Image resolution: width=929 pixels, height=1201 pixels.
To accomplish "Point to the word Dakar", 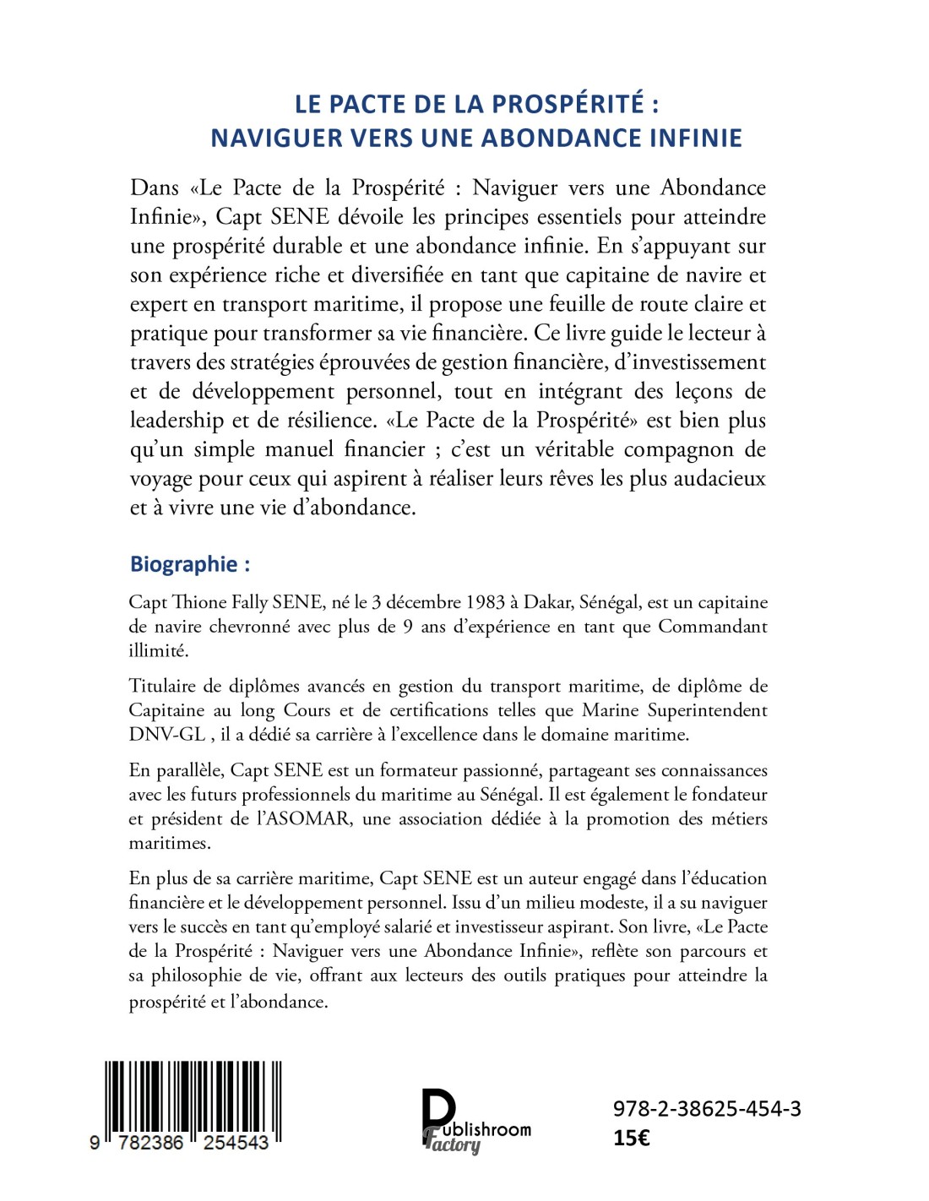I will [x=548, y=602].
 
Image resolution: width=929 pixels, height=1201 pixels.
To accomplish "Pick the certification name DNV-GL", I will [x=166, y=734].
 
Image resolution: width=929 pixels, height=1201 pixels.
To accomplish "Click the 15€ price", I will [x=632, y=1138].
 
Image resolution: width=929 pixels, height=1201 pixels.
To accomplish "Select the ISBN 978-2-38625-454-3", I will [x=707, y=1108].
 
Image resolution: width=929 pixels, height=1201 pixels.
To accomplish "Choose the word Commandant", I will [x=713, y=626].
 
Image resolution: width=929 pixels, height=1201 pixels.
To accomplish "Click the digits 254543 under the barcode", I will [x=236, y=1143].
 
